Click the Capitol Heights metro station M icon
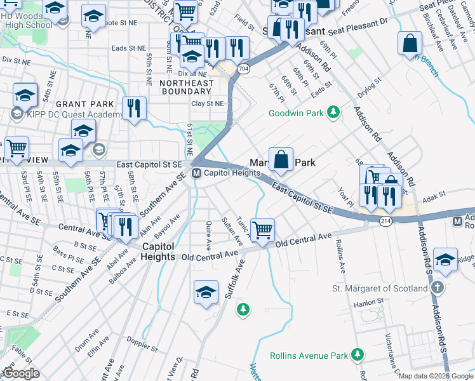point(197,173)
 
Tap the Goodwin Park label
point(296,113)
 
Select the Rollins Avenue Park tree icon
point(358,354)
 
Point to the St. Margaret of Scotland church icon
point(436,288)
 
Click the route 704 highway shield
point(244,68)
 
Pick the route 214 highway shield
point(385,220)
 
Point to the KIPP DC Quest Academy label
point(67,115)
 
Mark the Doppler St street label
point(143,348)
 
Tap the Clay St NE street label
point(208,104)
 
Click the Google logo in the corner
point(21,373)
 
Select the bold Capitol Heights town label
point(158,251)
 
